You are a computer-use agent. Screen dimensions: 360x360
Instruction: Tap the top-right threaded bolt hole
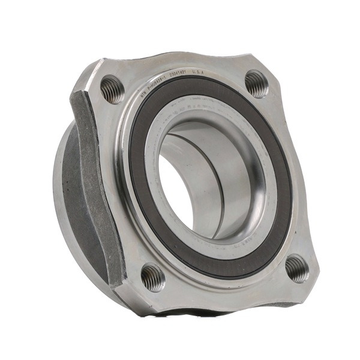click(x=257, y=83)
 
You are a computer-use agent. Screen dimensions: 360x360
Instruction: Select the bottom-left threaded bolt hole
click(x=153, y=277)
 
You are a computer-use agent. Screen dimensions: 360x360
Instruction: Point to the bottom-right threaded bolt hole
click(x=297, y=268)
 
